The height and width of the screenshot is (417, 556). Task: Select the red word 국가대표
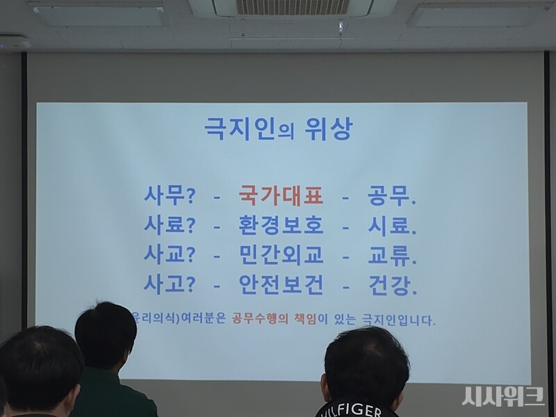[281, 197]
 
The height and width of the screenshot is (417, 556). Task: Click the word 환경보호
[281, 227]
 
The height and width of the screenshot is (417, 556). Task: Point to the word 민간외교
[281, 256]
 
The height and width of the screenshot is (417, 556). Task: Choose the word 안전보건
[281, 284]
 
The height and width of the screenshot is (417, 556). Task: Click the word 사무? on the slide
[169, 197]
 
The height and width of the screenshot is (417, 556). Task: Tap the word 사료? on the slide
[169, 227]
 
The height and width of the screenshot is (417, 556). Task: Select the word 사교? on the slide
[169, 256]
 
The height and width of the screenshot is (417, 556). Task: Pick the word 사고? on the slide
[169, 284]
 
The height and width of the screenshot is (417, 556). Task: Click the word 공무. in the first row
[391, 197]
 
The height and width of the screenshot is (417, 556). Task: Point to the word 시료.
[391, 227]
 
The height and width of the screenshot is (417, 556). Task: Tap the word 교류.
[391, 256]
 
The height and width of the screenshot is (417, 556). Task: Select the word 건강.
[391, 284]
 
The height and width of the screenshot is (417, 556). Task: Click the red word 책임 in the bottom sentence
[304, 320]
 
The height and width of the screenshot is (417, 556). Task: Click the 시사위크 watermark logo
[503, 396]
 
